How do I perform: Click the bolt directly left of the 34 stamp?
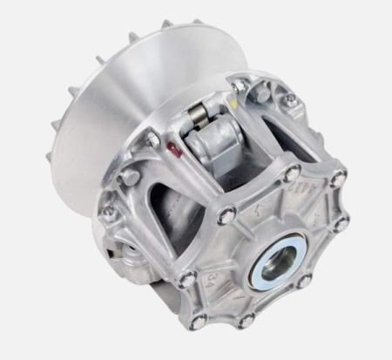(186, 280)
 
